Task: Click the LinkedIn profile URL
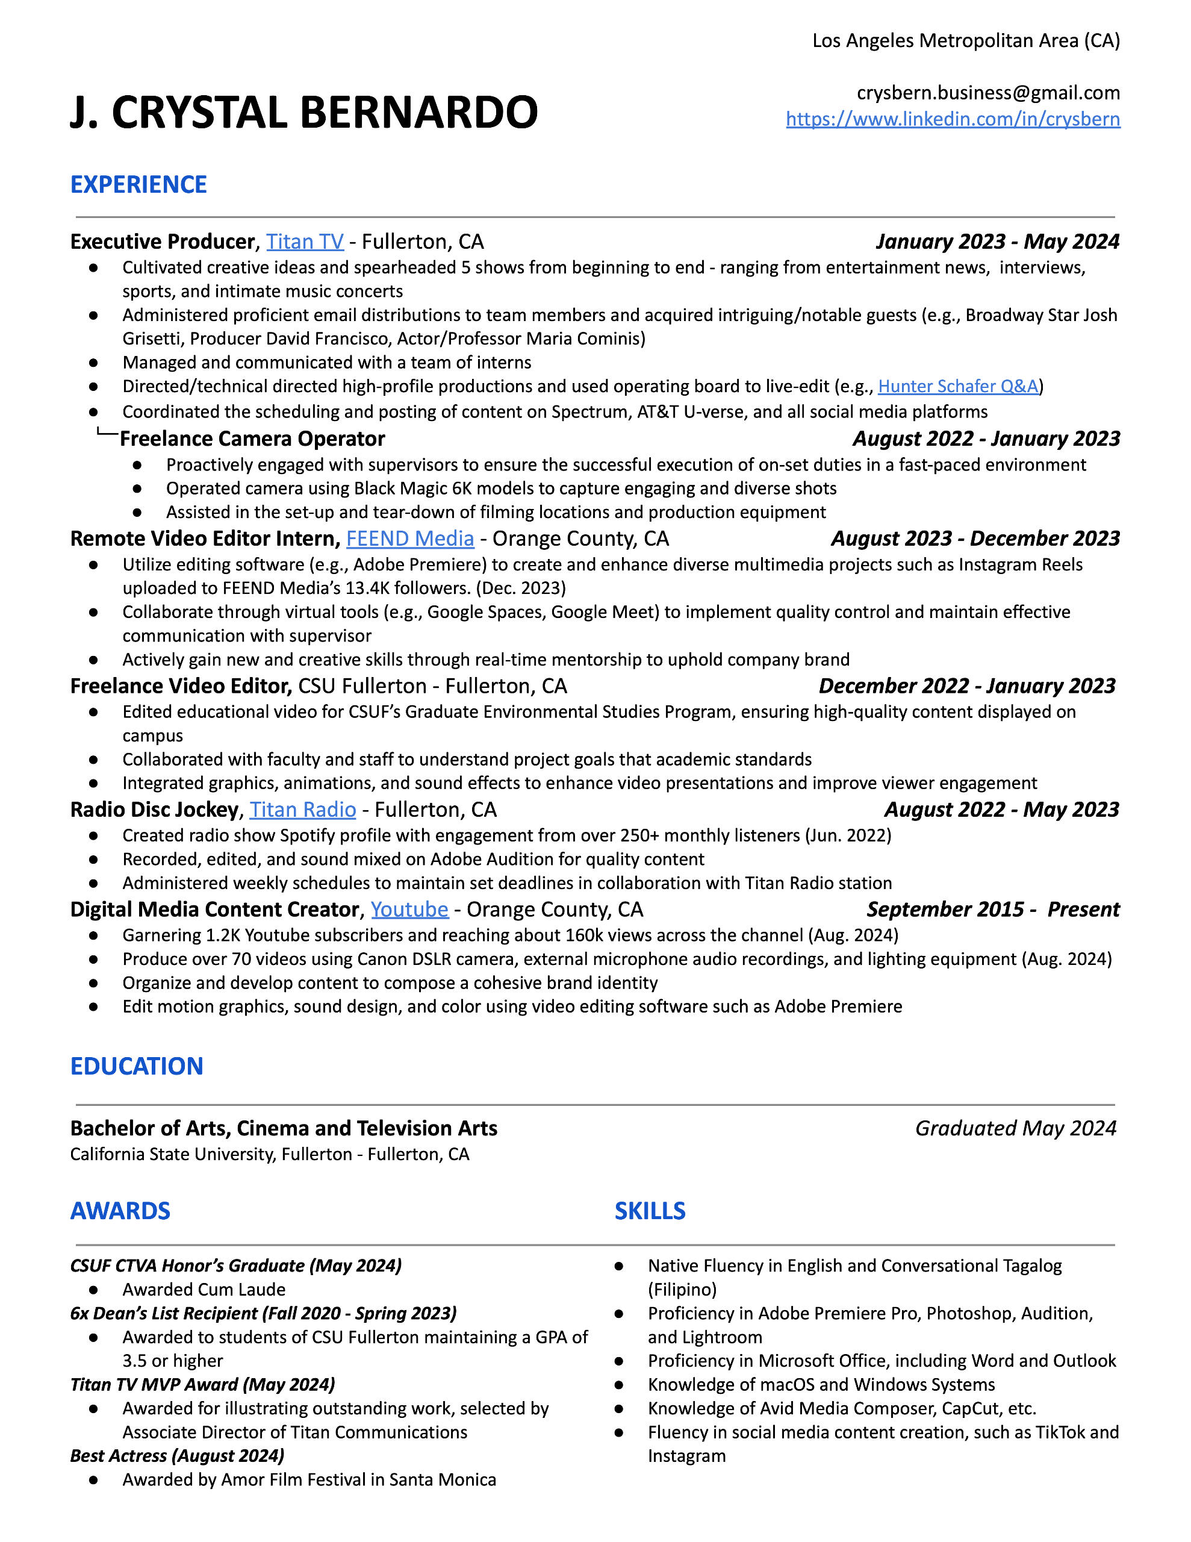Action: click(953, 119)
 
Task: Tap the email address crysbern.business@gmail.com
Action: click(987, 93)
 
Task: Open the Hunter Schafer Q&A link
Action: click(957, 386)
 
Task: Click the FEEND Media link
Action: click(409, 538)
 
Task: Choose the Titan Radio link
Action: click(302, 809)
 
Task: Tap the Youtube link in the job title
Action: click(409, 910)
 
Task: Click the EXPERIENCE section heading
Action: click(138, 184)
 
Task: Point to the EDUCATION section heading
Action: click(136, 1066)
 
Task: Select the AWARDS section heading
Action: click(120, 1211)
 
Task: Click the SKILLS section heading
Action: click(650, 1211)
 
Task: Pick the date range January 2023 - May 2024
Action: click(997, 242)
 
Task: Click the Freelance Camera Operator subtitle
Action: click(252, 439)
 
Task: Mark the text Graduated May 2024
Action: click(1015, 1128)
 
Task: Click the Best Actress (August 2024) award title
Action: click(177, 1456)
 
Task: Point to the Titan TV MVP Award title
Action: click(203, 1385)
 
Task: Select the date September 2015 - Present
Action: click(993, 910)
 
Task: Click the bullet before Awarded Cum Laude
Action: click(93, 1290)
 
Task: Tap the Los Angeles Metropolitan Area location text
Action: click(965, 41)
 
